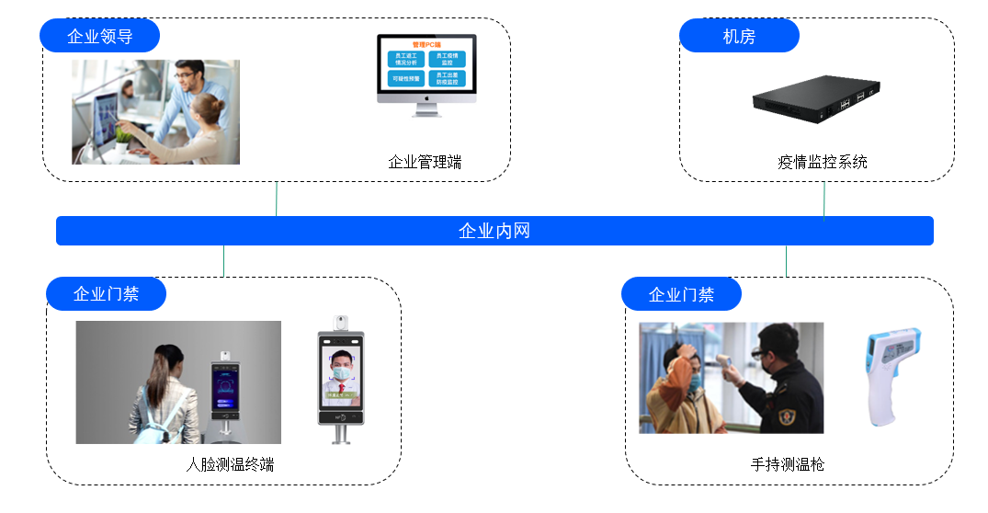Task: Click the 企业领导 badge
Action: [x=99, y=36]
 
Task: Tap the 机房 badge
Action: [x=739, y=36]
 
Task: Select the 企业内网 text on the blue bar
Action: [x=494, y=231]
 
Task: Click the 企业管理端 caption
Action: [x=425, y=163]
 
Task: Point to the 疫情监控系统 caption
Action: [x=822, y=163]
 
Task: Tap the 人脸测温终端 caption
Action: [x=230, y=464]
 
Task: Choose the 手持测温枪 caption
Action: [x=788, y=464]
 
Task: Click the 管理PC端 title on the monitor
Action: [x=426, y=44]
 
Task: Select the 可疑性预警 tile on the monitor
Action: [x=406, y=79]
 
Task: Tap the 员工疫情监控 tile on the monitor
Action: [x=448, y=59]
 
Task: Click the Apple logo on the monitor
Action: [x=426, y=96]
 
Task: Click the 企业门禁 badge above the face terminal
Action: [x=106, y=294]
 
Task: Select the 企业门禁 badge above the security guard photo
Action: [x=681, y=294]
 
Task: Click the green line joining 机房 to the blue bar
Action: [x=824, y=200]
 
